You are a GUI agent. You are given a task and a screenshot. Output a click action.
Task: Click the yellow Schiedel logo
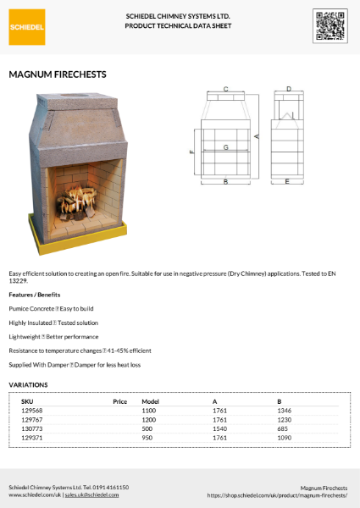point(28,26)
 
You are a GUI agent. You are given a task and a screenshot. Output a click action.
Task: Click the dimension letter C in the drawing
point(225,88)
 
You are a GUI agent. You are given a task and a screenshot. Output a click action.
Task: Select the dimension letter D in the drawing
point(289,88)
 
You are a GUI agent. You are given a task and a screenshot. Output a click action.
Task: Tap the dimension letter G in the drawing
point(225,147)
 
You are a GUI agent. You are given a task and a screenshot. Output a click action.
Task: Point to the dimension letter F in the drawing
point(192,152)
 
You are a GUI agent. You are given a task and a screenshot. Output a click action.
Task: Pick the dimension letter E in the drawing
point(288,181)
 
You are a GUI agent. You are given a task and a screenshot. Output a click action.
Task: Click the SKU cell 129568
point(31,410)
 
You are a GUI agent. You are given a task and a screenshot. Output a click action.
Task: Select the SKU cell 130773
point(31,428)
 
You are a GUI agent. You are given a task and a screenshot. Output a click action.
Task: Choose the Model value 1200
point(149,419)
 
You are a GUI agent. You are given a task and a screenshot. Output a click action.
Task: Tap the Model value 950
point(147,438)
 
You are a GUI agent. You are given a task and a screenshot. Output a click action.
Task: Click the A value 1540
point(220,428)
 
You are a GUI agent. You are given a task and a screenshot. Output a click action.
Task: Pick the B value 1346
point(285,410)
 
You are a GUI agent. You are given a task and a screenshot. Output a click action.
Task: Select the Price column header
point(119,400)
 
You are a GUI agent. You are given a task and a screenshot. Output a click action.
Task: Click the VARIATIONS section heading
point(28,384)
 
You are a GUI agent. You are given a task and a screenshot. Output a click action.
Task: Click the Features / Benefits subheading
point(35,294)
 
